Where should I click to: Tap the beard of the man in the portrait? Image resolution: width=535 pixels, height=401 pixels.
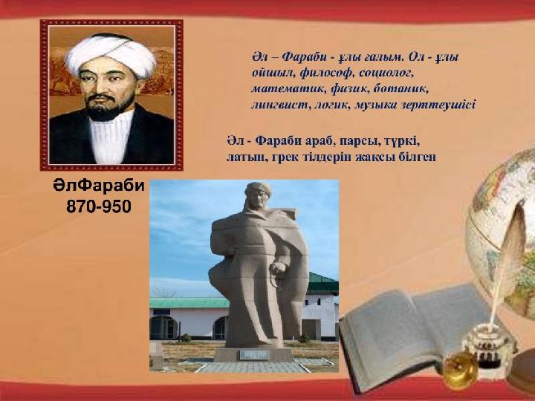tap(108, 108)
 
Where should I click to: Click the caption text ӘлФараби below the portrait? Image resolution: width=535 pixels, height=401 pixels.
tap(99, 186)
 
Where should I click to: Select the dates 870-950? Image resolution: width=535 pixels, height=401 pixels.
tap(99, 206)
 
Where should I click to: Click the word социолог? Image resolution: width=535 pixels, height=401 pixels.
tap(386, 74)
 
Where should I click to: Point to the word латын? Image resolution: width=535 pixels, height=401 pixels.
tap(247, 157)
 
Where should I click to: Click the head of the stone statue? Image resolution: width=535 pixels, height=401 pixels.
tap(258, 195)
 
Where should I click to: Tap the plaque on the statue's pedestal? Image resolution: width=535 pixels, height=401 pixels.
tap(254, 355)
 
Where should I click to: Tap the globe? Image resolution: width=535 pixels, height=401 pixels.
tap(502, 232)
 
